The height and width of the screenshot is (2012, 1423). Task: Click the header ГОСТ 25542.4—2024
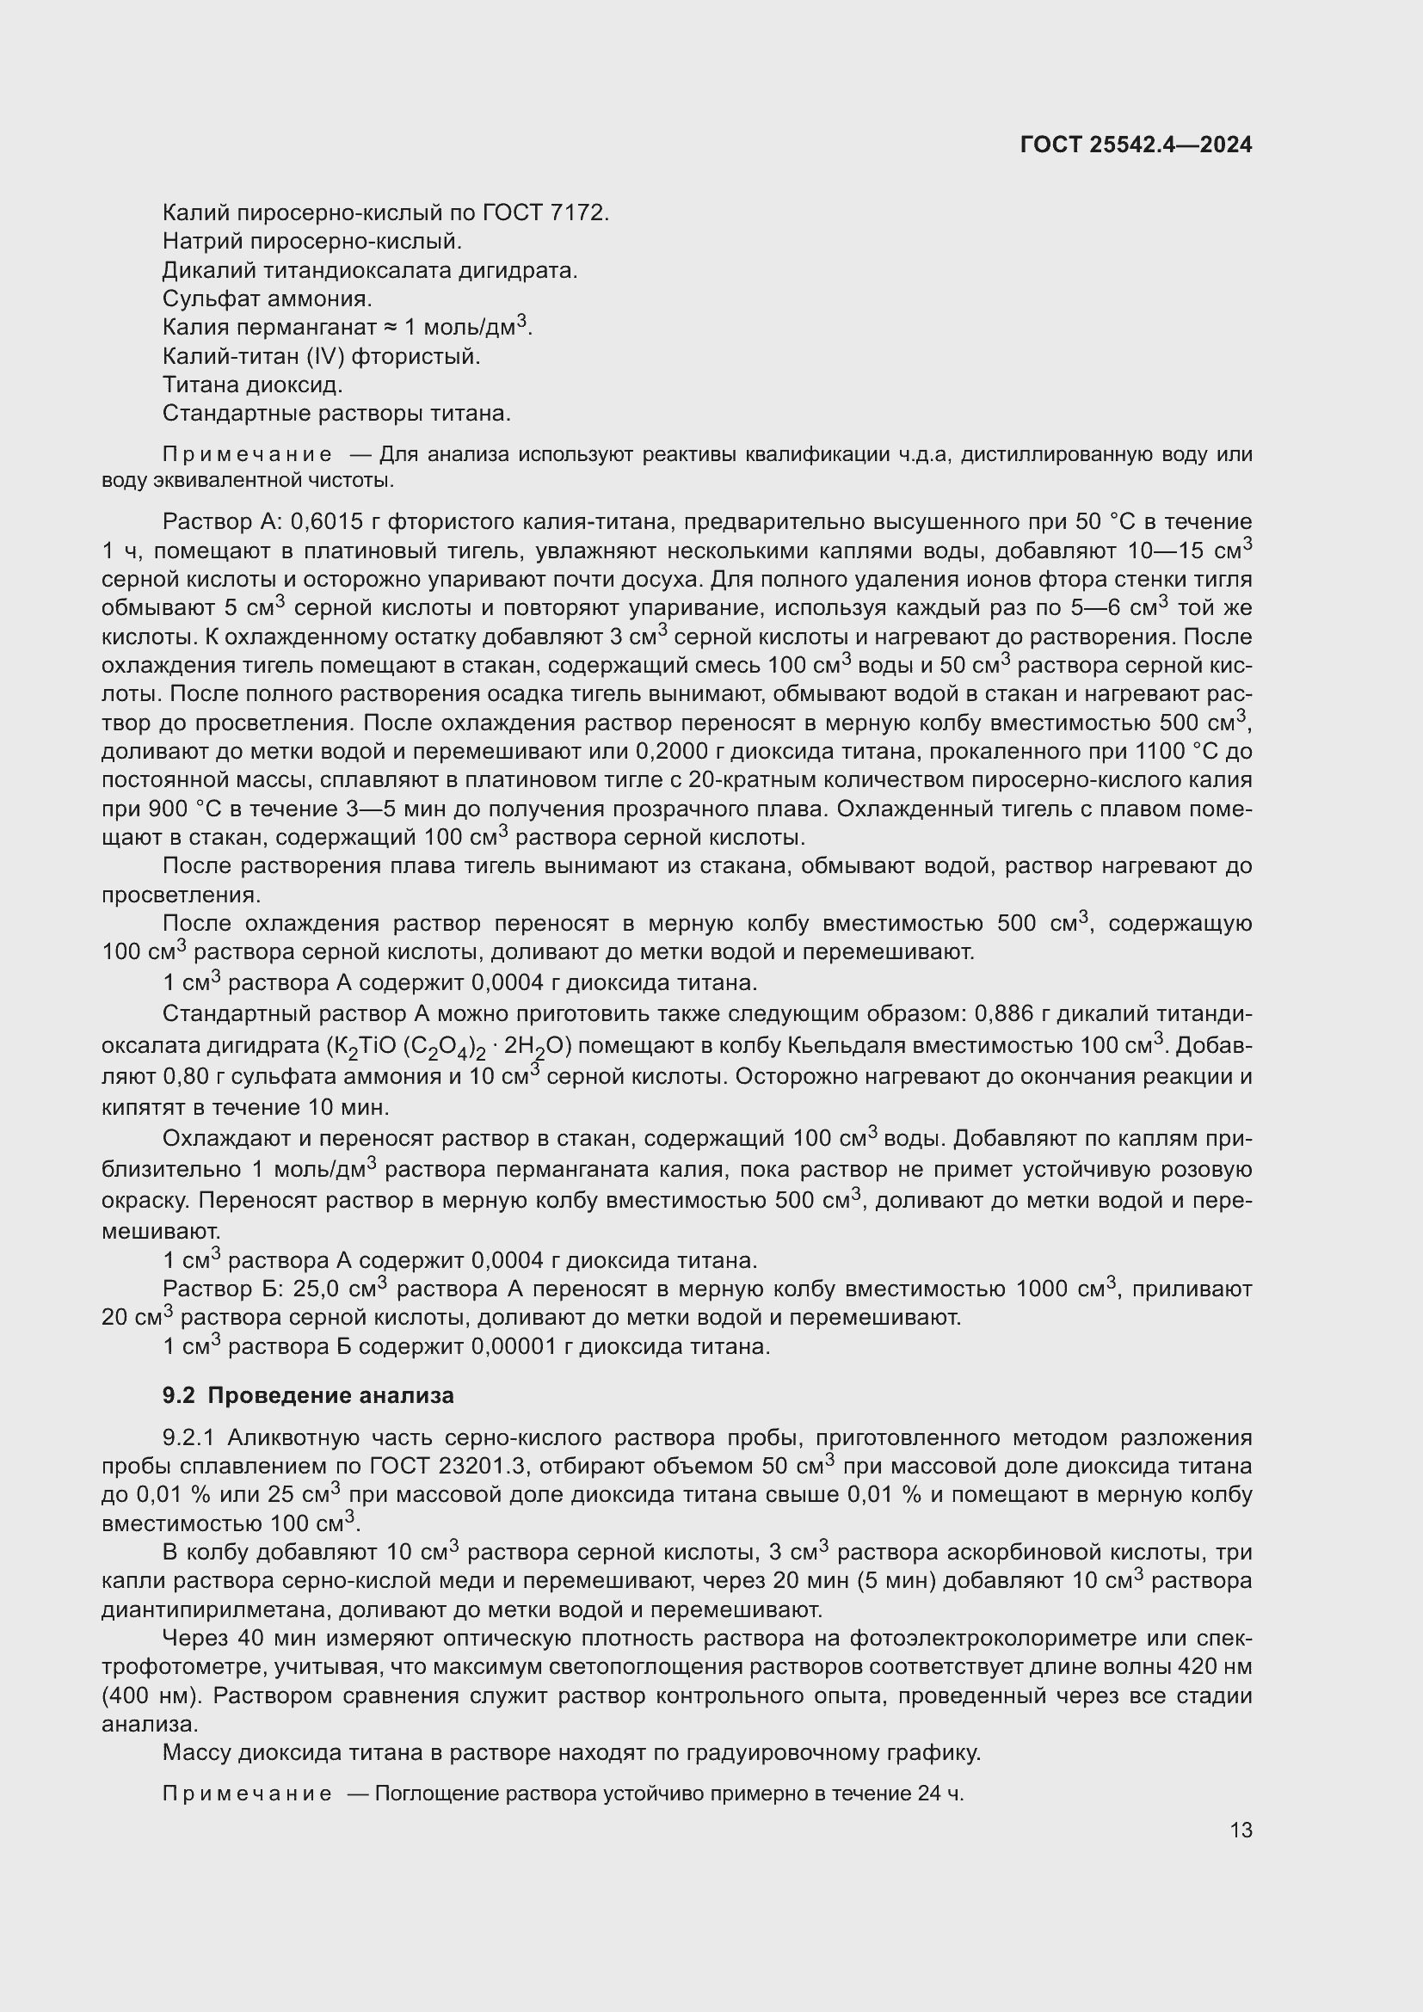(x=1136, y=145)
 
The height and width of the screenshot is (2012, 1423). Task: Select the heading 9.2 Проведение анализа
(x=309, y=1395)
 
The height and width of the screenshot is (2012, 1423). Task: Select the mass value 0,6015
(x=326, y=522)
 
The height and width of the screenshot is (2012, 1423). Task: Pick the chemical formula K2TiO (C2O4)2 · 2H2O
(x=449, y=1046)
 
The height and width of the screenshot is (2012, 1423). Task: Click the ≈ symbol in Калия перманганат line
(x=391, y=328)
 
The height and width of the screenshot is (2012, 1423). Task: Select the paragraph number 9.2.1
(x=194, y=1438)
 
